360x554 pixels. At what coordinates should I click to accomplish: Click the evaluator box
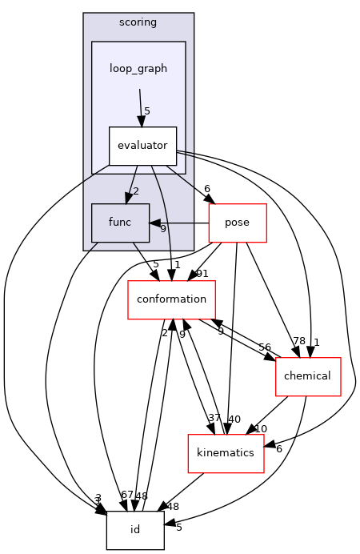142,146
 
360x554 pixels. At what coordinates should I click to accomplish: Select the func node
120,223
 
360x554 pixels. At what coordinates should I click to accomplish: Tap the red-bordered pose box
237,223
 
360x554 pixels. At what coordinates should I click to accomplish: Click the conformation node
172,299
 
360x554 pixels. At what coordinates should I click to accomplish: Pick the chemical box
307,376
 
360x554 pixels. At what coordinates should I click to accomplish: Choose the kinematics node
226,453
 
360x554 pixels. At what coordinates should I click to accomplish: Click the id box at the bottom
135,530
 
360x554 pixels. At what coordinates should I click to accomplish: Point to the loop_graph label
138,69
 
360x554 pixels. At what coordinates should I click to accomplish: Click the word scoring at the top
138,22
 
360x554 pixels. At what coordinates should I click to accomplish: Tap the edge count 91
202,274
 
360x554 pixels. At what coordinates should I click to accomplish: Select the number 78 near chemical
298,342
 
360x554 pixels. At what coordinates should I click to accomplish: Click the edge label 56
265,347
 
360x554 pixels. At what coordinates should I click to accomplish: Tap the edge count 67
127,496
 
